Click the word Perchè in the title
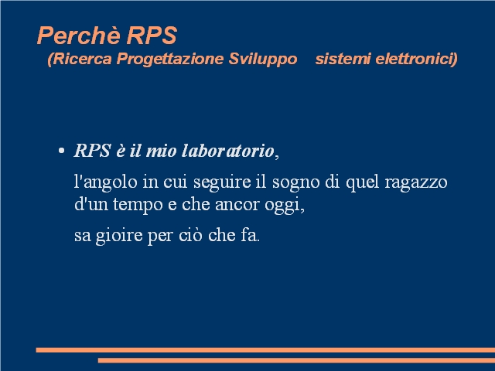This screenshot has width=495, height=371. pyautogui.click(x=79, y=35)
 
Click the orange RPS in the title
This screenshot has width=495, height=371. pyautogui.click(x=152, y=36)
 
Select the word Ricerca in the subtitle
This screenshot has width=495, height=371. pyautogui.click(x=82, y=59)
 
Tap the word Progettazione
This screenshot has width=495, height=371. pyautogui.click(x=170, y=60)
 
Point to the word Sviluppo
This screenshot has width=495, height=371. pyautogui.click(x=263, y=60)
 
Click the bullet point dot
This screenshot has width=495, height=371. pyautogui.click(x=62, y=151)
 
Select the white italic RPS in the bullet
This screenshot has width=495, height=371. pyautogui.click(x=92, y=151)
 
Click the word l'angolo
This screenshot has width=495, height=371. pyautogui.click(x=106, y=182)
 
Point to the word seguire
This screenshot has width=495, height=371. pyautogui.click(x=222, y=182)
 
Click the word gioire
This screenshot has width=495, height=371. pyautogui.click(x=119, y=236)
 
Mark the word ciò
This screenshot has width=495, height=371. pyautogui.click(x=190, y=235)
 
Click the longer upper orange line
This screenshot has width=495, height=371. pyautogui.click(x=265, y=350)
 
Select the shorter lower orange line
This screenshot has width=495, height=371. pyautogui.click(x=296, y=360)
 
